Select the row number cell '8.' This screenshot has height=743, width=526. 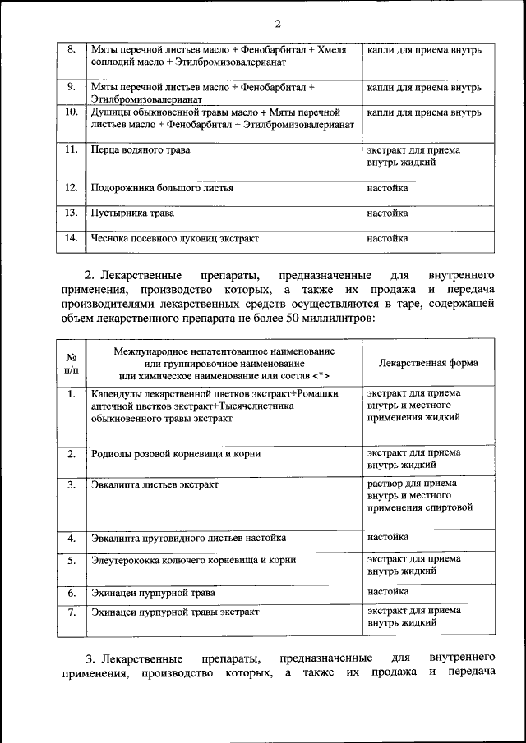[x=72, y=50]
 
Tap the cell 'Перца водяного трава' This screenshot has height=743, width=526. [x=141, y=150]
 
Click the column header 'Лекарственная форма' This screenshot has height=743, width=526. [x=428, y=363]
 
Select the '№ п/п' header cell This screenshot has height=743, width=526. [x=72, y=363]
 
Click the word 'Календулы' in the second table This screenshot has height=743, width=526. [x=119, y=394]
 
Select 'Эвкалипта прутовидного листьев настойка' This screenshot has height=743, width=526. [x=188, y=538]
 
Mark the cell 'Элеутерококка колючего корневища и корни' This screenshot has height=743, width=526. [x=193, y=561]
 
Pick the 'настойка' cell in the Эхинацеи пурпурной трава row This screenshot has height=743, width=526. [x=388, y=591]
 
